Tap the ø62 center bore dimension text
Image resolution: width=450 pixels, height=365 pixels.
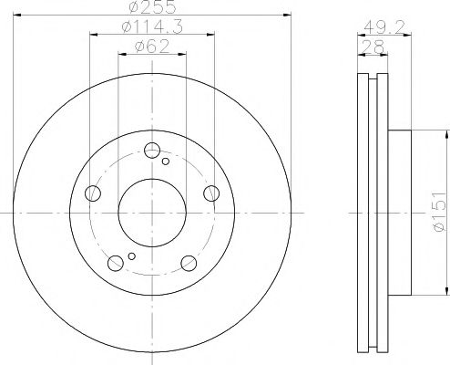[x=150, y=48]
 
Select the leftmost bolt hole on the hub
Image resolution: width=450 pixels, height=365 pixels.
[x=92, y=193]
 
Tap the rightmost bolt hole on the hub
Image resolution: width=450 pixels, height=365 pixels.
[x=211, y=193]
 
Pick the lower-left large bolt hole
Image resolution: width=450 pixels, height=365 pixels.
[x=115, y=263]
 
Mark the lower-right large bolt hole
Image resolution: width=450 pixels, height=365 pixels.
[x=189, y=263]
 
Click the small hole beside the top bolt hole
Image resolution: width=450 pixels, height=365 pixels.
[x=165, y=162]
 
